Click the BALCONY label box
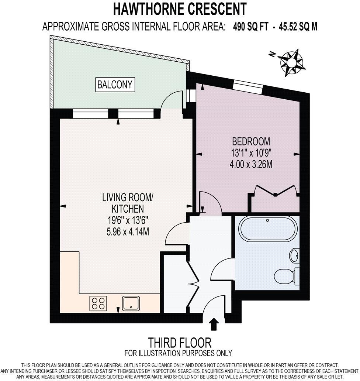click(x=115, y=85)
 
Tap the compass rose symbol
click(x=291, y=62)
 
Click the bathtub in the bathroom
click(x=268, y=229)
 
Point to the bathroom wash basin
click(x=294, y=255)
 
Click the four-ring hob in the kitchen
click(x=98, y=303)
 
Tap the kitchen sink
click(x=131, y=303)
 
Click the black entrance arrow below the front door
click(x=214, y=325)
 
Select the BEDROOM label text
click(x=251, y=141)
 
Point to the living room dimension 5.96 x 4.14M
click(x=128, y=231)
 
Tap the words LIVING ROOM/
click(x=128, y=197)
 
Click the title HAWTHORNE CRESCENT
click(x=180, y=9)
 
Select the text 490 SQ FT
click(x=250, y=27)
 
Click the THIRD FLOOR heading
click(x=180, y=343)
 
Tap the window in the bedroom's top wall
click(x=248, y=86)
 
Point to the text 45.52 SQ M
click(x=298, y=27)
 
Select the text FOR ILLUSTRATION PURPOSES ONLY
click(x=179, y=353)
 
